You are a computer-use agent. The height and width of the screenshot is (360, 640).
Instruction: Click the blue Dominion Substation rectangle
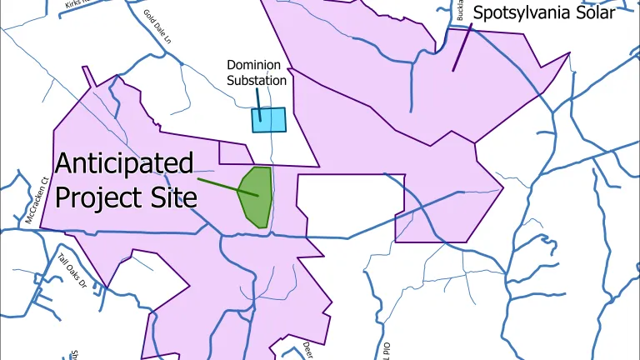pyautogui.click(x=268, y=120)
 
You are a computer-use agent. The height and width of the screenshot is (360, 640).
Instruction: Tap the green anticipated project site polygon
pyautogui.click(x=256, y=197)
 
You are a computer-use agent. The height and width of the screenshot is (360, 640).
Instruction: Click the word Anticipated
pyautogui.click(x=124, y=163)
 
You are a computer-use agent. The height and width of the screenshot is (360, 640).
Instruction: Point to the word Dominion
pyautogui.click(x=257, y=65)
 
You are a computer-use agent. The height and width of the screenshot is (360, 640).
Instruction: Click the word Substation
pyautogui.click(x=257, y=81)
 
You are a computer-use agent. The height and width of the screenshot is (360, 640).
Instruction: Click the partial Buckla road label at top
pyautogui.click(x=461, y=10)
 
